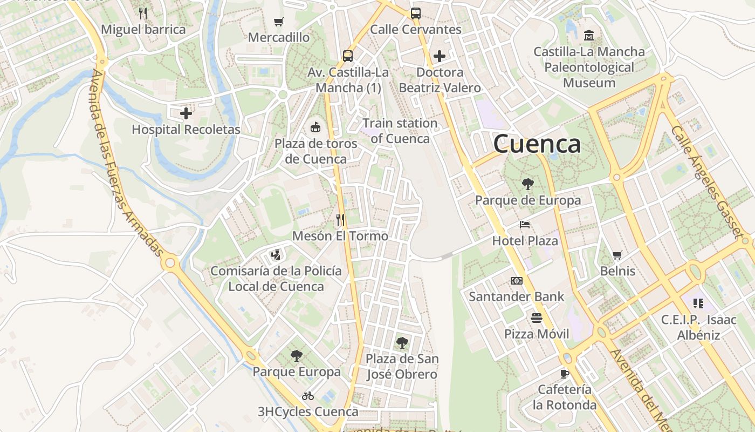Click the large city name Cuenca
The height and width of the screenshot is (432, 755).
(x=537, y=144)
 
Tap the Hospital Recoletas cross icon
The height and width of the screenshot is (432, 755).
(x=186, y=113)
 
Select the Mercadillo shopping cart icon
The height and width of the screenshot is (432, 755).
(x=278, y=22)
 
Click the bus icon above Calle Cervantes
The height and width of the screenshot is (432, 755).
(x=415, y=13)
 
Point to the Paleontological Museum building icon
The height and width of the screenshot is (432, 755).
(x=589, y=36)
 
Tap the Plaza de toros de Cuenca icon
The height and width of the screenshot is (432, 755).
(x=315, y=127)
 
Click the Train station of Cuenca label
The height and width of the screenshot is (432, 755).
(x=400, y=131)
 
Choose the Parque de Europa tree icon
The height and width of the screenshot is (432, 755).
(x=528, y=184)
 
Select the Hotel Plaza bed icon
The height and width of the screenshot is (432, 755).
(x=525, y=225)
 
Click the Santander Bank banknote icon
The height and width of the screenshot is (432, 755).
(x=517, y=281)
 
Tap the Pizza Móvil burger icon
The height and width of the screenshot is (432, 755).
(x=536, y=318)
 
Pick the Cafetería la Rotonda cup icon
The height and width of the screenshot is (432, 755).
(x=565, y=373)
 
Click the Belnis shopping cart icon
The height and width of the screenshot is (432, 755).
(x=617, y=255)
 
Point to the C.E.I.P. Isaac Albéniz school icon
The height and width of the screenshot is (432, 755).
(x=698, y=303)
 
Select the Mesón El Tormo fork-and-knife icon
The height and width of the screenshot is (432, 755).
(x=340, y=220)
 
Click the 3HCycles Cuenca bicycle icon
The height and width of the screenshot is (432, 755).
(x=308, y=396)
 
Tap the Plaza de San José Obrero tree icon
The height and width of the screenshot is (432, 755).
(x=402, y=342)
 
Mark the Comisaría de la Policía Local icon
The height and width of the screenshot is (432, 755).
(x=276, y=254)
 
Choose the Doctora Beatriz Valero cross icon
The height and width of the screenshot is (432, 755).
(x=440, y=56)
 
